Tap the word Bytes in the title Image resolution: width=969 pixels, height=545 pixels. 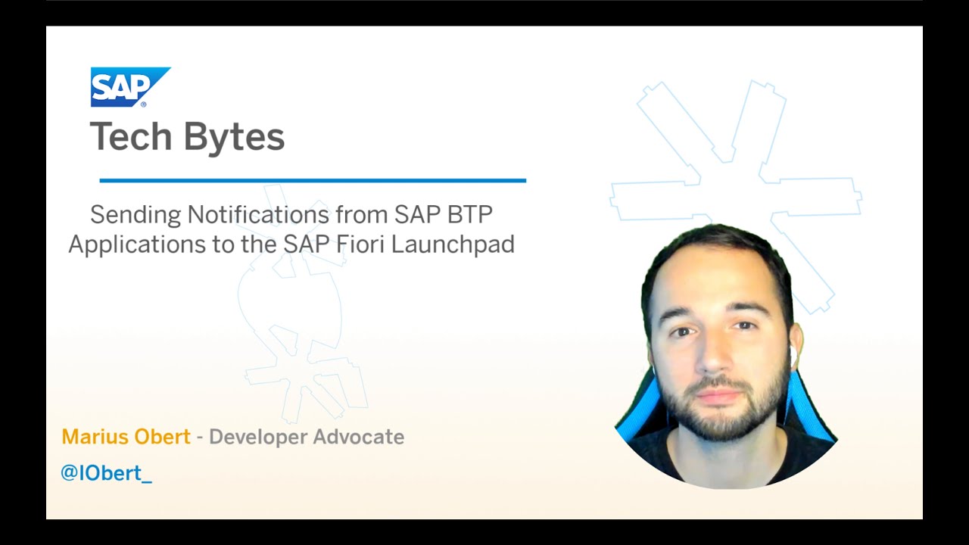coord(235,137)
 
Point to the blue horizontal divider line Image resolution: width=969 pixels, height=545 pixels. coord(313,180)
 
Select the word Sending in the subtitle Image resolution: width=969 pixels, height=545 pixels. coord(136,215)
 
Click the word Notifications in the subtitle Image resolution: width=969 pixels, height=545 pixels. coord(258,214)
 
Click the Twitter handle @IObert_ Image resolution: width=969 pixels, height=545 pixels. coord(106,473)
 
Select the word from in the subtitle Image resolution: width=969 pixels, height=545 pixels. coord(361,214)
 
